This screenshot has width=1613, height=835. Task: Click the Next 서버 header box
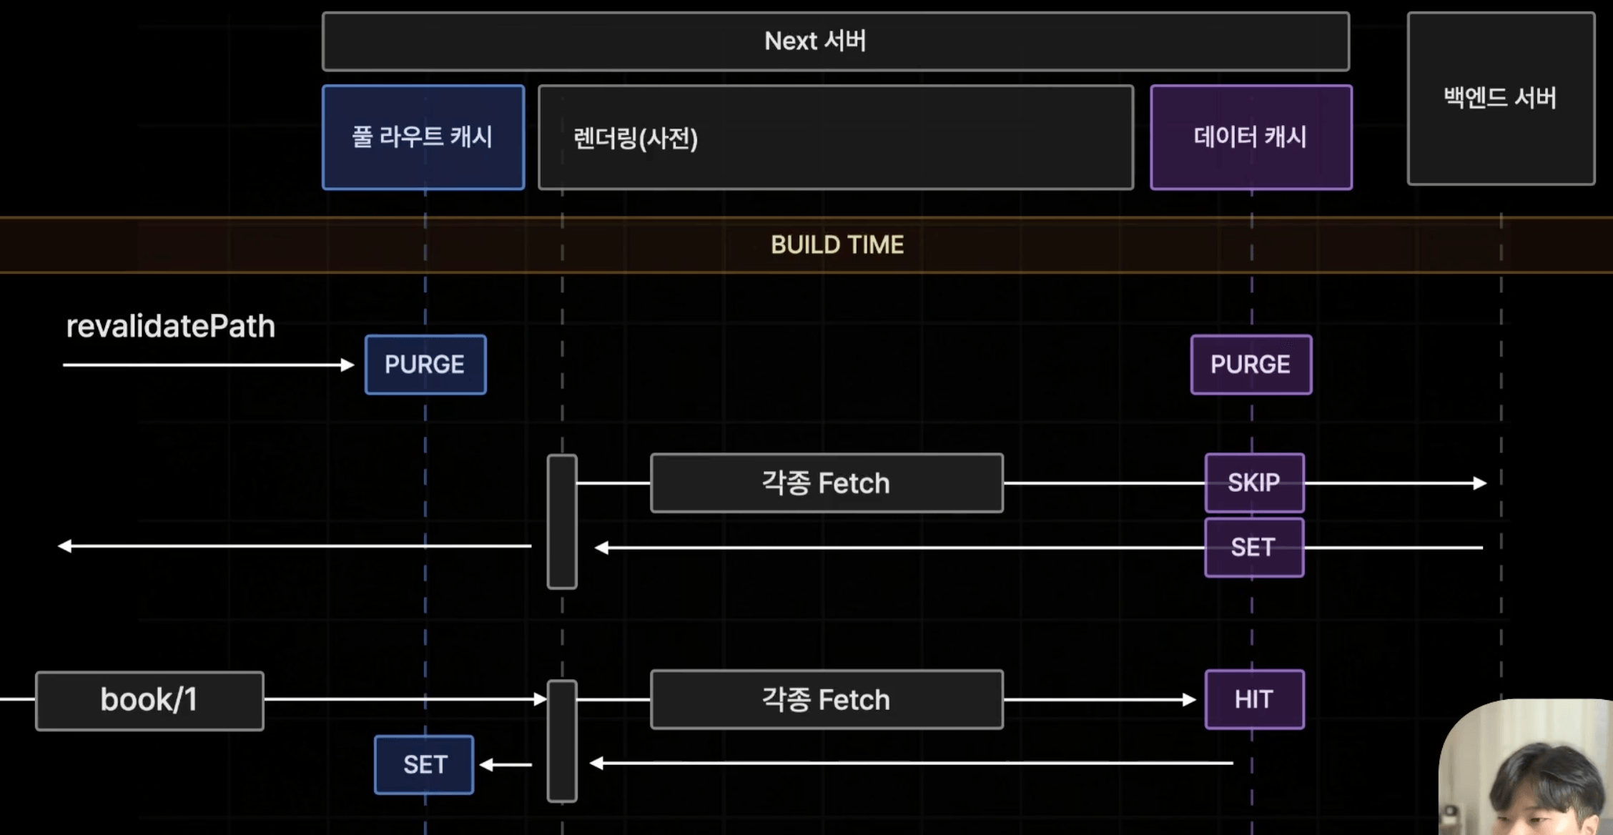click(836, 41)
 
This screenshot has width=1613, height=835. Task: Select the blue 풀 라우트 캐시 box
click(423, 137)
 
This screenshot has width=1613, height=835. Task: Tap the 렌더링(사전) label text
click(636, 138)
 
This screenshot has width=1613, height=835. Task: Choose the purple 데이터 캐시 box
click(1251, 137)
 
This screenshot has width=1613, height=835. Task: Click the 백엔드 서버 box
click(1501, 99)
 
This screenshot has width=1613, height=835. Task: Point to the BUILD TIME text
click(837, 245)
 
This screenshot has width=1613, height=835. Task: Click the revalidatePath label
click(170, 327)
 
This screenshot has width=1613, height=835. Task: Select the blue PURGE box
click(425, 365)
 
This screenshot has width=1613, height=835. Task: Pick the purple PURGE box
click(1251, 365)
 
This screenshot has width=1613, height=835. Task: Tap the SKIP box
click(1254, 483)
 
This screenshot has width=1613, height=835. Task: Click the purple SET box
click(1254, 548)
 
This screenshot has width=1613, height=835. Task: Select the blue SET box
click(424, 765)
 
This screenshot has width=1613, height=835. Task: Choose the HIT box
click(1254, 699)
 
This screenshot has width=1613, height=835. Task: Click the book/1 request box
click(149, 701)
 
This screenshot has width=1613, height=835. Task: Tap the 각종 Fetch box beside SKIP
click(827, 483)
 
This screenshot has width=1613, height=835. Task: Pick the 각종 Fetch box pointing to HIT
click(827, 699)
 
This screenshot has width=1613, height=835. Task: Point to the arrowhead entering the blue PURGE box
click(348, 365)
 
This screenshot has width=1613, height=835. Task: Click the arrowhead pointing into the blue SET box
click(486, 765)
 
